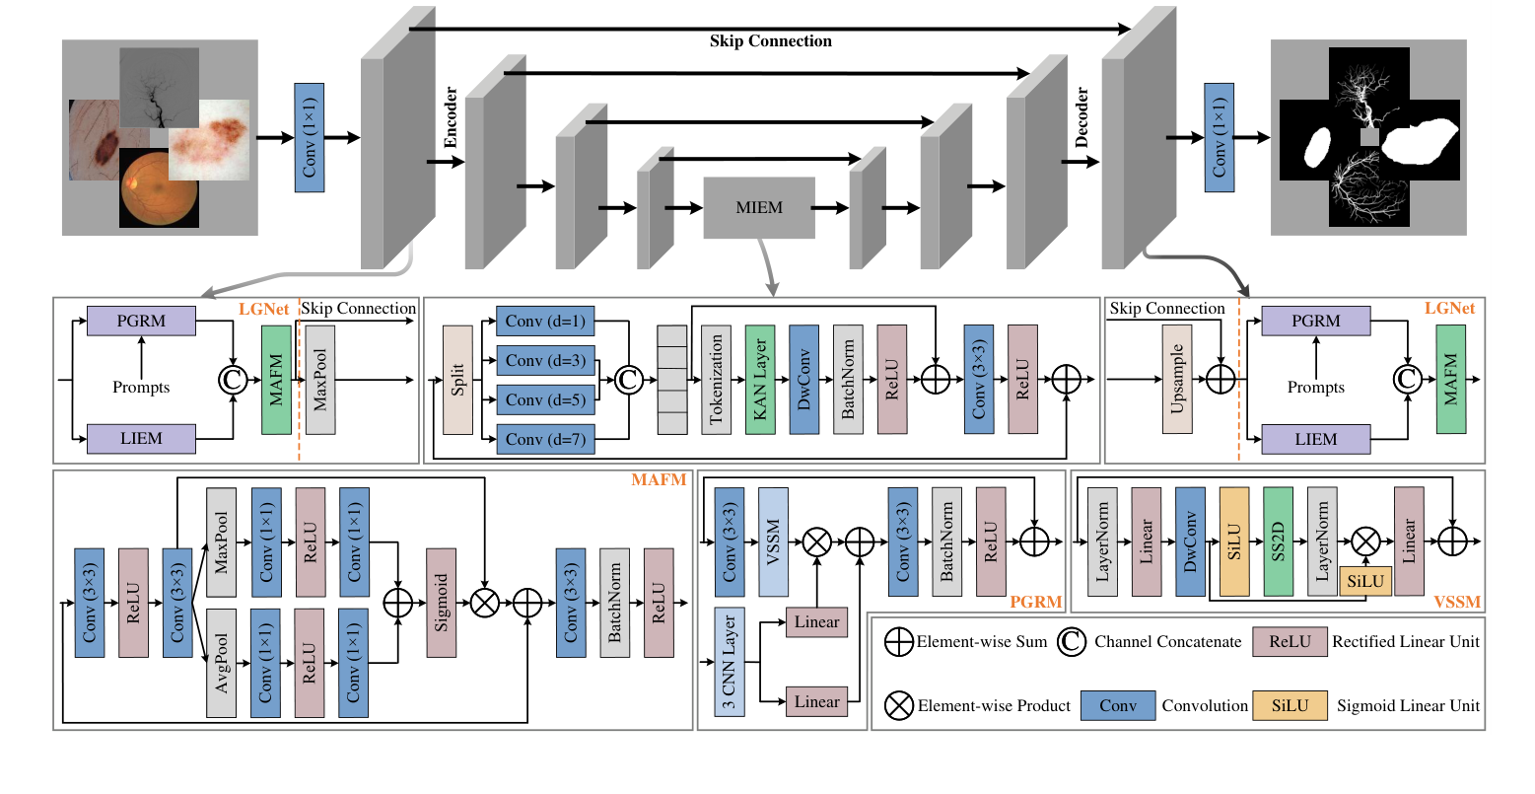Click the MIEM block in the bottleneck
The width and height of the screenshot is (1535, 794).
759,208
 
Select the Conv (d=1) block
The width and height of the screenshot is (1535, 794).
545,322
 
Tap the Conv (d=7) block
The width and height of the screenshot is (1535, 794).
545,440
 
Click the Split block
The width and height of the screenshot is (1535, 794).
457,380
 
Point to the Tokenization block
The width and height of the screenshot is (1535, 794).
717,380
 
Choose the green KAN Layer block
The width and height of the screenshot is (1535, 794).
760,380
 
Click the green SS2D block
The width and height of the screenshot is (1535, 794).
1278,541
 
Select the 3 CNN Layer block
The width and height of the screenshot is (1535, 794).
730,661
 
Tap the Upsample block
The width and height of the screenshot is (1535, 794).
1177,380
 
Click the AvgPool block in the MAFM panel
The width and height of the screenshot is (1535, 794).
222,663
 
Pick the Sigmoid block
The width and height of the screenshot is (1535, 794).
441,603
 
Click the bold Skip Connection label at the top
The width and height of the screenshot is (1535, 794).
770,41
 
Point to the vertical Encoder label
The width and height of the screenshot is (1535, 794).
451,117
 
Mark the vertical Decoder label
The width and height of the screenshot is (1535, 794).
1081,117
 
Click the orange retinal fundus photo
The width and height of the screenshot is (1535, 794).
159,188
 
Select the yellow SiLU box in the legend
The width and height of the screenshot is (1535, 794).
1290,705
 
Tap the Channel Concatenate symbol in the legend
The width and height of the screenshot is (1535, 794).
1072,642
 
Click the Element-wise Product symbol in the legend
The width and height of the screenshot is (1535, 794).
899,705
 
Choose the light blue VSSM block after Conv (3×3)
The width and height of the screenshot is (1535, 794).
773,541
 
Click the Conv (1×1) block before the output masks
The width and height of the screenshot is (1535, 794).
1219,137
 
